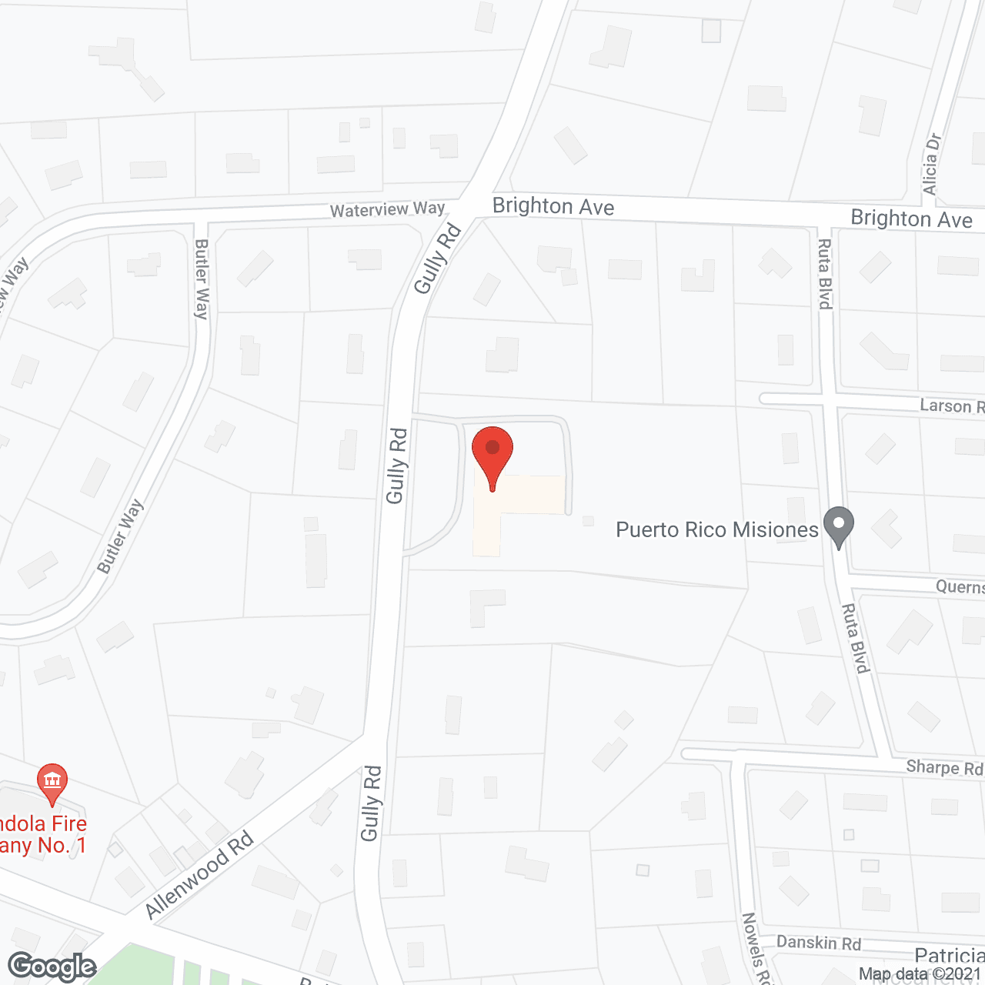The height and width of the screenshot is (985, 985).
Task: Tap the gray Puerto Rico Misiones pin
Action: click(839, 526)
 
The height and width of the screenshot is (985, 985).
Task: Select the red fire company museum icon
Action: click(52, 781)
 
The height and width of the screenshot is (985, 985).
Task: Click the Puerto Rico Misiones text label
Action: click(716, 530)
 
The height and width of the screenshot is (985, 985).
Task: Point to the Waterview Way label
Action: click(387, 209)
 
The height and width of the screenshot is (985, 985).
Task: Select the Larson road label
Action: click(951, 406)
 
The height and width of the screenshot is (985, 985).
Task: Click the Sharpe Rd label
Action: click(944, 767)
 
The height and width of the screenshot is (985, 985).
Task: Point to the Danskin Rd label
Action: click(818, 943)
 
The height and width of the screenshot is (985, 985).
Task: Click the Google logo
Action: click(52, 967)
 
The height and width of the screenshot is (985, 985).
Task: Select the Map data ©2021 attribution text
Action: click(920, 974)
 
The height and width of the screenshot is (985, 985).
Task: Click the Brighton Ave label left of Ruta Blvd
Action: click(911, 219)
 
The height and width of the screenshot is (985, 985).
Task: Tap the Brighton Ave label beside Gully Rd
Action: click(553, 206)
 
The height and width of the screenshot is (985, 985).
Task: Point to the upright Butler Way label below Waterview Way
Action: click(202, 279)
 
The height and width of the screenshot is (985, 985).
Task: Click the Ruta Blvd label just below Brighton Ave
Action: click(824, 274)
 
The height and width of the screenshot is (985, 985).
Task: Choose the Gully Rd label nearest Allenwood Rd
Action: click(371, 803)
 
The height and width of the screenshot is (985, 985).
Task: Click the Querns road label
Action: click(960, 587)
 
